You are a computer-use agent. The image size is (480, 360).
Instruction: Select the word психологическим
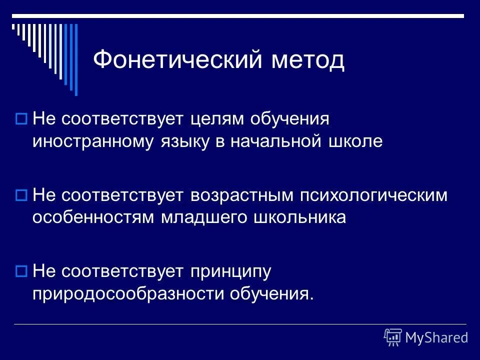click(x=373, y=195)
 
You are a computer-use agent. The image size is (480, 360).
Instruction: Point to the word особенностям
click(x=94, y=217)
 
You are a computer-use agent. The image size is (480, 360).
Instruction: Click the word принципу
click(x=230, y=271)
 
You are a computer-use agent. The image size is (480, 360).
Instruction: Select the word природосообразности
click(x=128, y=292)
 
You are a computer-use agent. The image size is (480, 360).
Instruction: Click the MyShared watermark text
click(x=436, y=337)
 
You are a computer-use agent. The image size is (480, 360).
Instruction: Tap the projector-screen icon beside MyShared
click(x=393, y=337)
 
